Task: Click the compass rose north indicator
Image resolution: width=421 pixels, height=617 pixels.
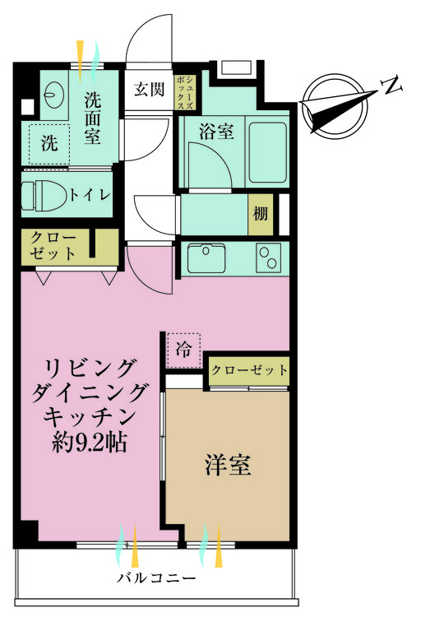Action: pos(335,106)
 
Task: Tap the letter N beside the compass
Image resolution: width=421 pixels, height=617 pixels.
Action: pos(393,85)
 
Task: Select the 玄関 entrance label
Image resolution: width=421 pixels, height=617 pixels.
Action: pos(149,90)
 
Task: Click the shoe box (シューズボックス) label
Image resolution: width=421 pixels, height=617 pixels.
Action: pos(185,93)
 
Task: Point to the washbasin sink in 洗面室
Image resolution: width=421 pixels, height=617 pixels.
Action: pos(55,95)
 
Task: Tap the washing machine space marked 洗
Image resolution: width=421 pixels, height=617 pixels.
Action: pos(50,145)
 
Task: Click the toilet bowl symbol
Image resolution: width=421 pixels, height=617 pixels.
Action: pos(44,195)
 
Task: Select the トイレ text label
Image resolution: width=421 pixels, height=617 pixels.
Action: pos(89,195)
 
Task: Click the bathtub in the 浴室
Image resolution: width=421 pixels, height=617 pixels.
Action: pos(267,152)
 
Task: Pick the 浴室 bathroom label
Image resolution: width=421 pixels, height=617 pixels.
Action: pos(216,132)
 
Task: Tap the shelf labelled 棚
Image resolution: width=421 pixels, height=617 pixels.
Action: pos(261,214)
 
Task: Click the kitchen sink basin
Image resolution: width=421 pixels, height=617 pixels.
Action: pos(206,258)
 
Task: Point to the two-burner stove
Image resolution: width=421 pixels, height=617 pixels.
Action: pos(269,258)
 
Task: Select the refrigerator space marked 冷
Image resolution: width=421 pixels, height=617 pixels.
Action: pos(183,350)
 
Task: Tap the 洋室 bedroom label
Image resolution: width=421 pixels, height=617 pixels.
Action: pos(228,465)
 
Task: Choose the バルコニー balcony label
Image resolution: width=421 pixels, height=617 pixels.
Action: pos(156,578)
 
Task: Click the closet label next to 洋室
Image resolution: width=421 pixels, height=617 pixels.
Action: pos(249,370)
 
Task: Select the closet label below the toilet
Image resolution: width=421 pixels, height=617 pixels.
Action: pos(53,246)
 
